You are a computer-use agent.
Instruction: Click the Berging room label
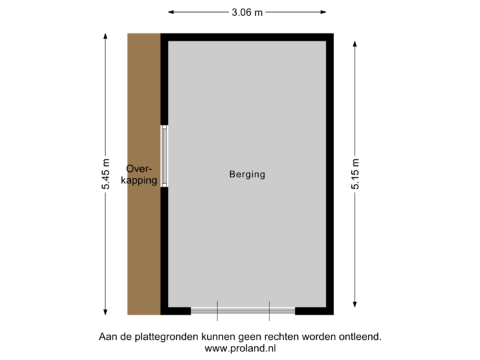[247, 175]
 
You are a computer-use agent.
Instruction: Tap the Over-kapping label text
[141, 175]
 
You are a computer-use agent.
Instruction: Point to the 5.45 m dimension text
[105, 175]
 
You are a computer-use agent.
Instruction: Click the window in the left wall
[164, 157]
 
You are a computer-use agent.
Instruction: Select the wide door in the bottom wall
[243, 311]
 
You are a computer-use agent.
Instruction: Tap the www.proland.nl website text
[240, 347]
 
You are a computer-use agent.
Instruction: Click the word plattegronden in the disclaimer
[165, 337]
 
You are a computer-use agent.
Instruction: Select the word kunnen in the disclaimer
[219, 337]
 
